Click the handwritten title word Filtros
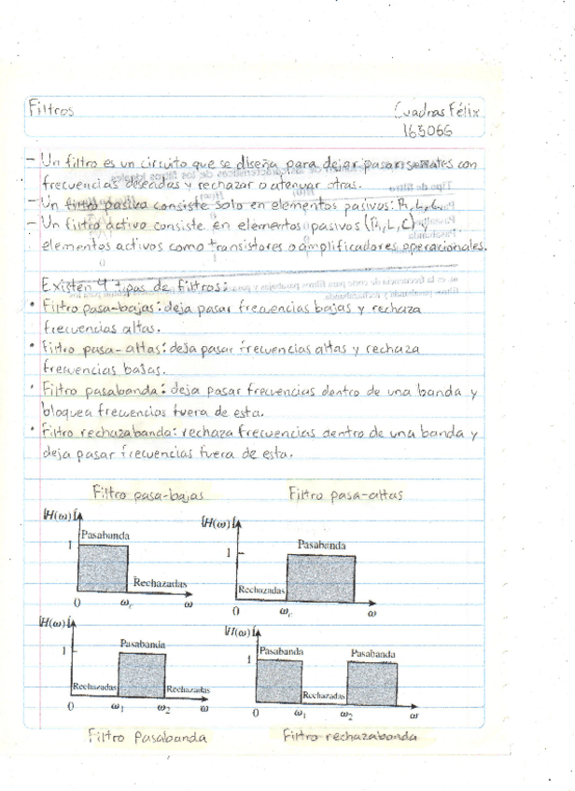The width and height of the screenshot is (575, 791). (x=53, y=109)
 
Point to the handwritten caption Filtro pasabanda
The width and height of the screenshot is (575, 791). (x=147, y=737)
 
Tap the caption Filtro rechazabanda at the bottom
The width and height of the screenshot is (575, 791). (x=350, y=735)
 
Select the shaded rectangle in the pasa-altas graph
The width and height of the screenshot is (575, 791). (x=320, y=576)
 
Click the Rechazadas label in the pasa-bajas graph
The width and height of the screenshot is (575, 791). (x=160, y=583)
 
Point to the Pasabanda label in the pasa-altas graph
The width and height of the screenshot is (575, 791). (x=321, y=545)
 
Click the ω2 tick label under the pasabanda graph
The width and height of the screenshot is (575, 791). (x=165, y=708)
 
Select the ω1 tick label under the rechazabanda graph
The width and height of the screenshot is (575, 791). (x=300, y=715)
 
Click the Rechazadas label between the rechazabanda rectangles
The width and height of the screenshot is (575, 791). (x=325, y=695)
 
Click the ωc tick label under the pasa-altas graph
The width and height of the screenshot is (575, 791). (x=286, y=612)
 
